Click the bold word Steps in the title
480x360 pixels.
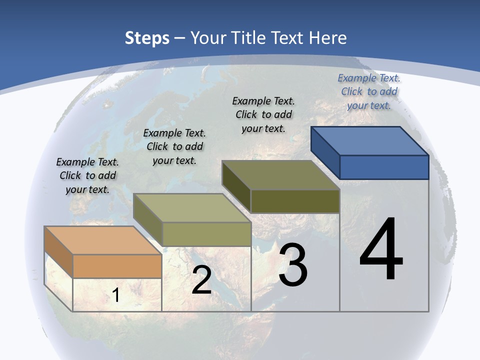pos(147,38)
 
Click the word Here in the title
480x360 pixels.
pos(328,38)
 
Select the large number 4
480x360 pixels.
pos(381,250)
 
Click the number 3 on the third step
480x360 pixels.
pos(293,265)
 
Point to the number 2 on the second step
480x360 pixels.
pos(201,280)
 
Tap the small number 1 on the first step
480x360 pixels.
pos(115,295)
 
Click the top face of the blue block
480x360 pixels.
pos(370,140)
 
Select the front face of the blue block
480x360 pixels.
pos(384,167)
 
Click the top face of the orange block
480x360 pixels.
pos(103,240)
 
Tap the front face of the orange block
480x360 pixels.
pos(117,266)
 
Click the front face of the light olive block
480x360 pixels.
pos(206,234)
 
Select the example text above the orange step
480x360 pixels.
pos(87,175)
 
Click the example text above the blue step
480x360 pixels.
pos(369,91)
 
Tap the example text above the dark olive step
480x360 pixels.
pos(263,114)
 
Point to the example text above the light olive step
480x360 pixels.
pos(174,146)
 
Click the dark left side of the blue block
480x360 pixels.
pos(325,152)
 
